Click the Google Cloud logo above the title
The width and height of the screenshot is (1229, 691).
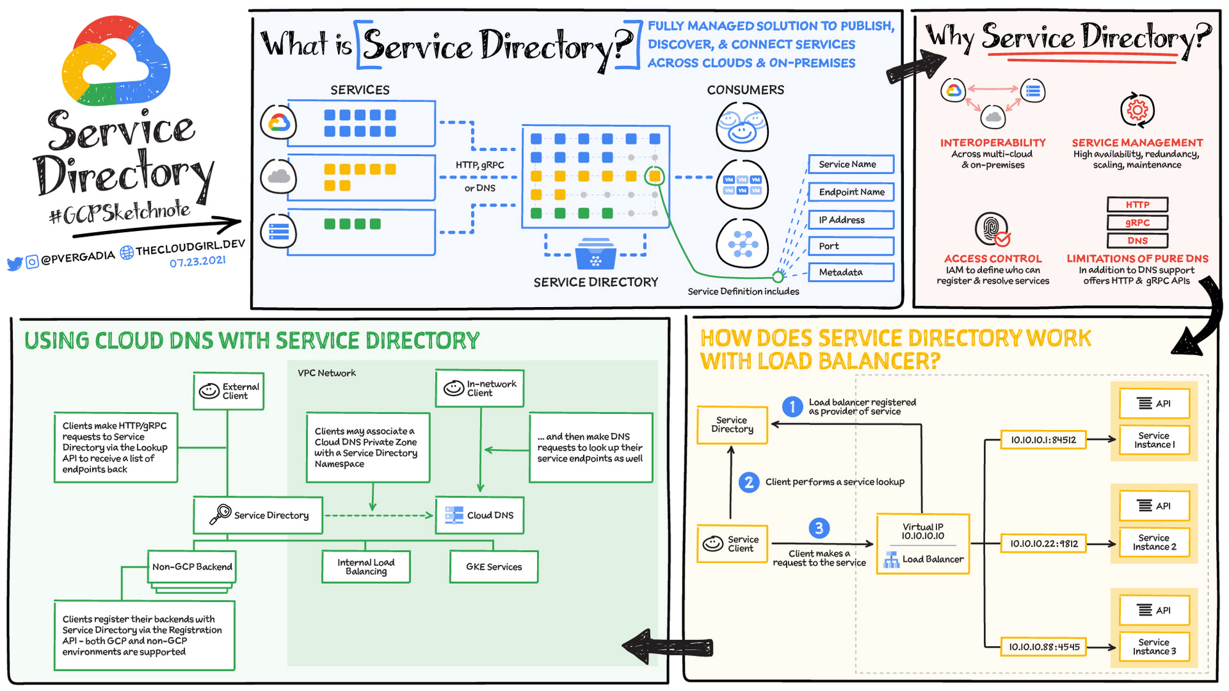coord(116,61)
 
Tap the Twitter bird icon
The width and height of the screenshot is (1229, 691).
coord(15,264)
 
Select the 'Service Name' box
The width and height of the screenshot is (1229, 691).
coord(850,165)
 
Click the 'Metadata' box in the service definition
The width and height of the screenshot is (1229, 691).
coord(850,272)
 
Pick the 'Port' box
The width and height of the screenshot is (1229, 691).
coord(850,246)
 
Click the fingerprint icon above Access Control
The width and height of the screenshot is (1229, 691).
coord(992,229)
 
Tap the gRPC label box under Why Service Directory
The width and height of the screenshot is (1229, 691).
coord(1137,222)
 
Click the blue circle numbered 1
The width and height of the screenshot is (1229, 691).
coord(793,407)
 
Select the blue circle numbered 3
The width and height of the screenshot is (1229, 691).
coord(819,528)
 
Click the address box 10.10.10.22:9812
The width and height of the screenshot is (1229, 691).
coord(1044,544)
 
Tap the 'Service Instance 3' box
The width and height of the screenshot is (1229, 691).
coord(1154,647)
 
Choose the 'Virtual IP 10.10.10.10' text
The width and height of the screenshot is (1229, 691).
coord(922,531)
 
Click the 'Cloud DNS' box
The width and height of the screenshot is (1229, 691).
coord(480,515)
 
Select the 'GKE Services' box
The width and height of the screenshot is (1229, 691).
coord(493,567)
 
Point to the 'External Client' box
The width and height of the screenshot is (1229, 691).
coord(229,391)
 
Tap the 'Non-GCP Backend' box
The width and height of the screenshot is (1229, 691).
coord(192,567)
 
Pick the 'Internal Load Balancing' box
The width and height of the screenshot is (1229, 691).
coord(366,567)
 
